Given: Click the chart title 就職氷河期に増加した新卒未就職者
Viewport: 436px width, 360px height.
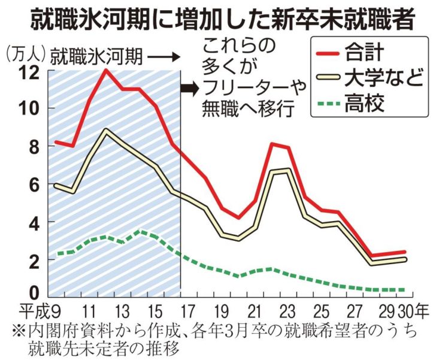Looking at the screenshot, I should (218, 18).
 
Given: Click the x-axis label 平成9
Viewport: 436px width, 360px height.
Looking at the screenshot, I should (39, 312).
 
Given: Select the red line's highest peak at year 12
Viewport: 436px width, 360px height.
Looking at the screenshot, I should (106, 70).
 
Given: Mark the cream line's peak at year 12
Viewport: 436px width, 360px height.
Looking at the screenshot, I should (106, 129).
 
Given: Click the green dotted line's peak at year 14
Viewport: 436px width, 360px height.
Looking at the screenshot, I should (139, 231).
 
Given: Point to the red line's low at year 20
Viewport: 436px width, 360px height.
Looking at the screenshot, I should (238, 217).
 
